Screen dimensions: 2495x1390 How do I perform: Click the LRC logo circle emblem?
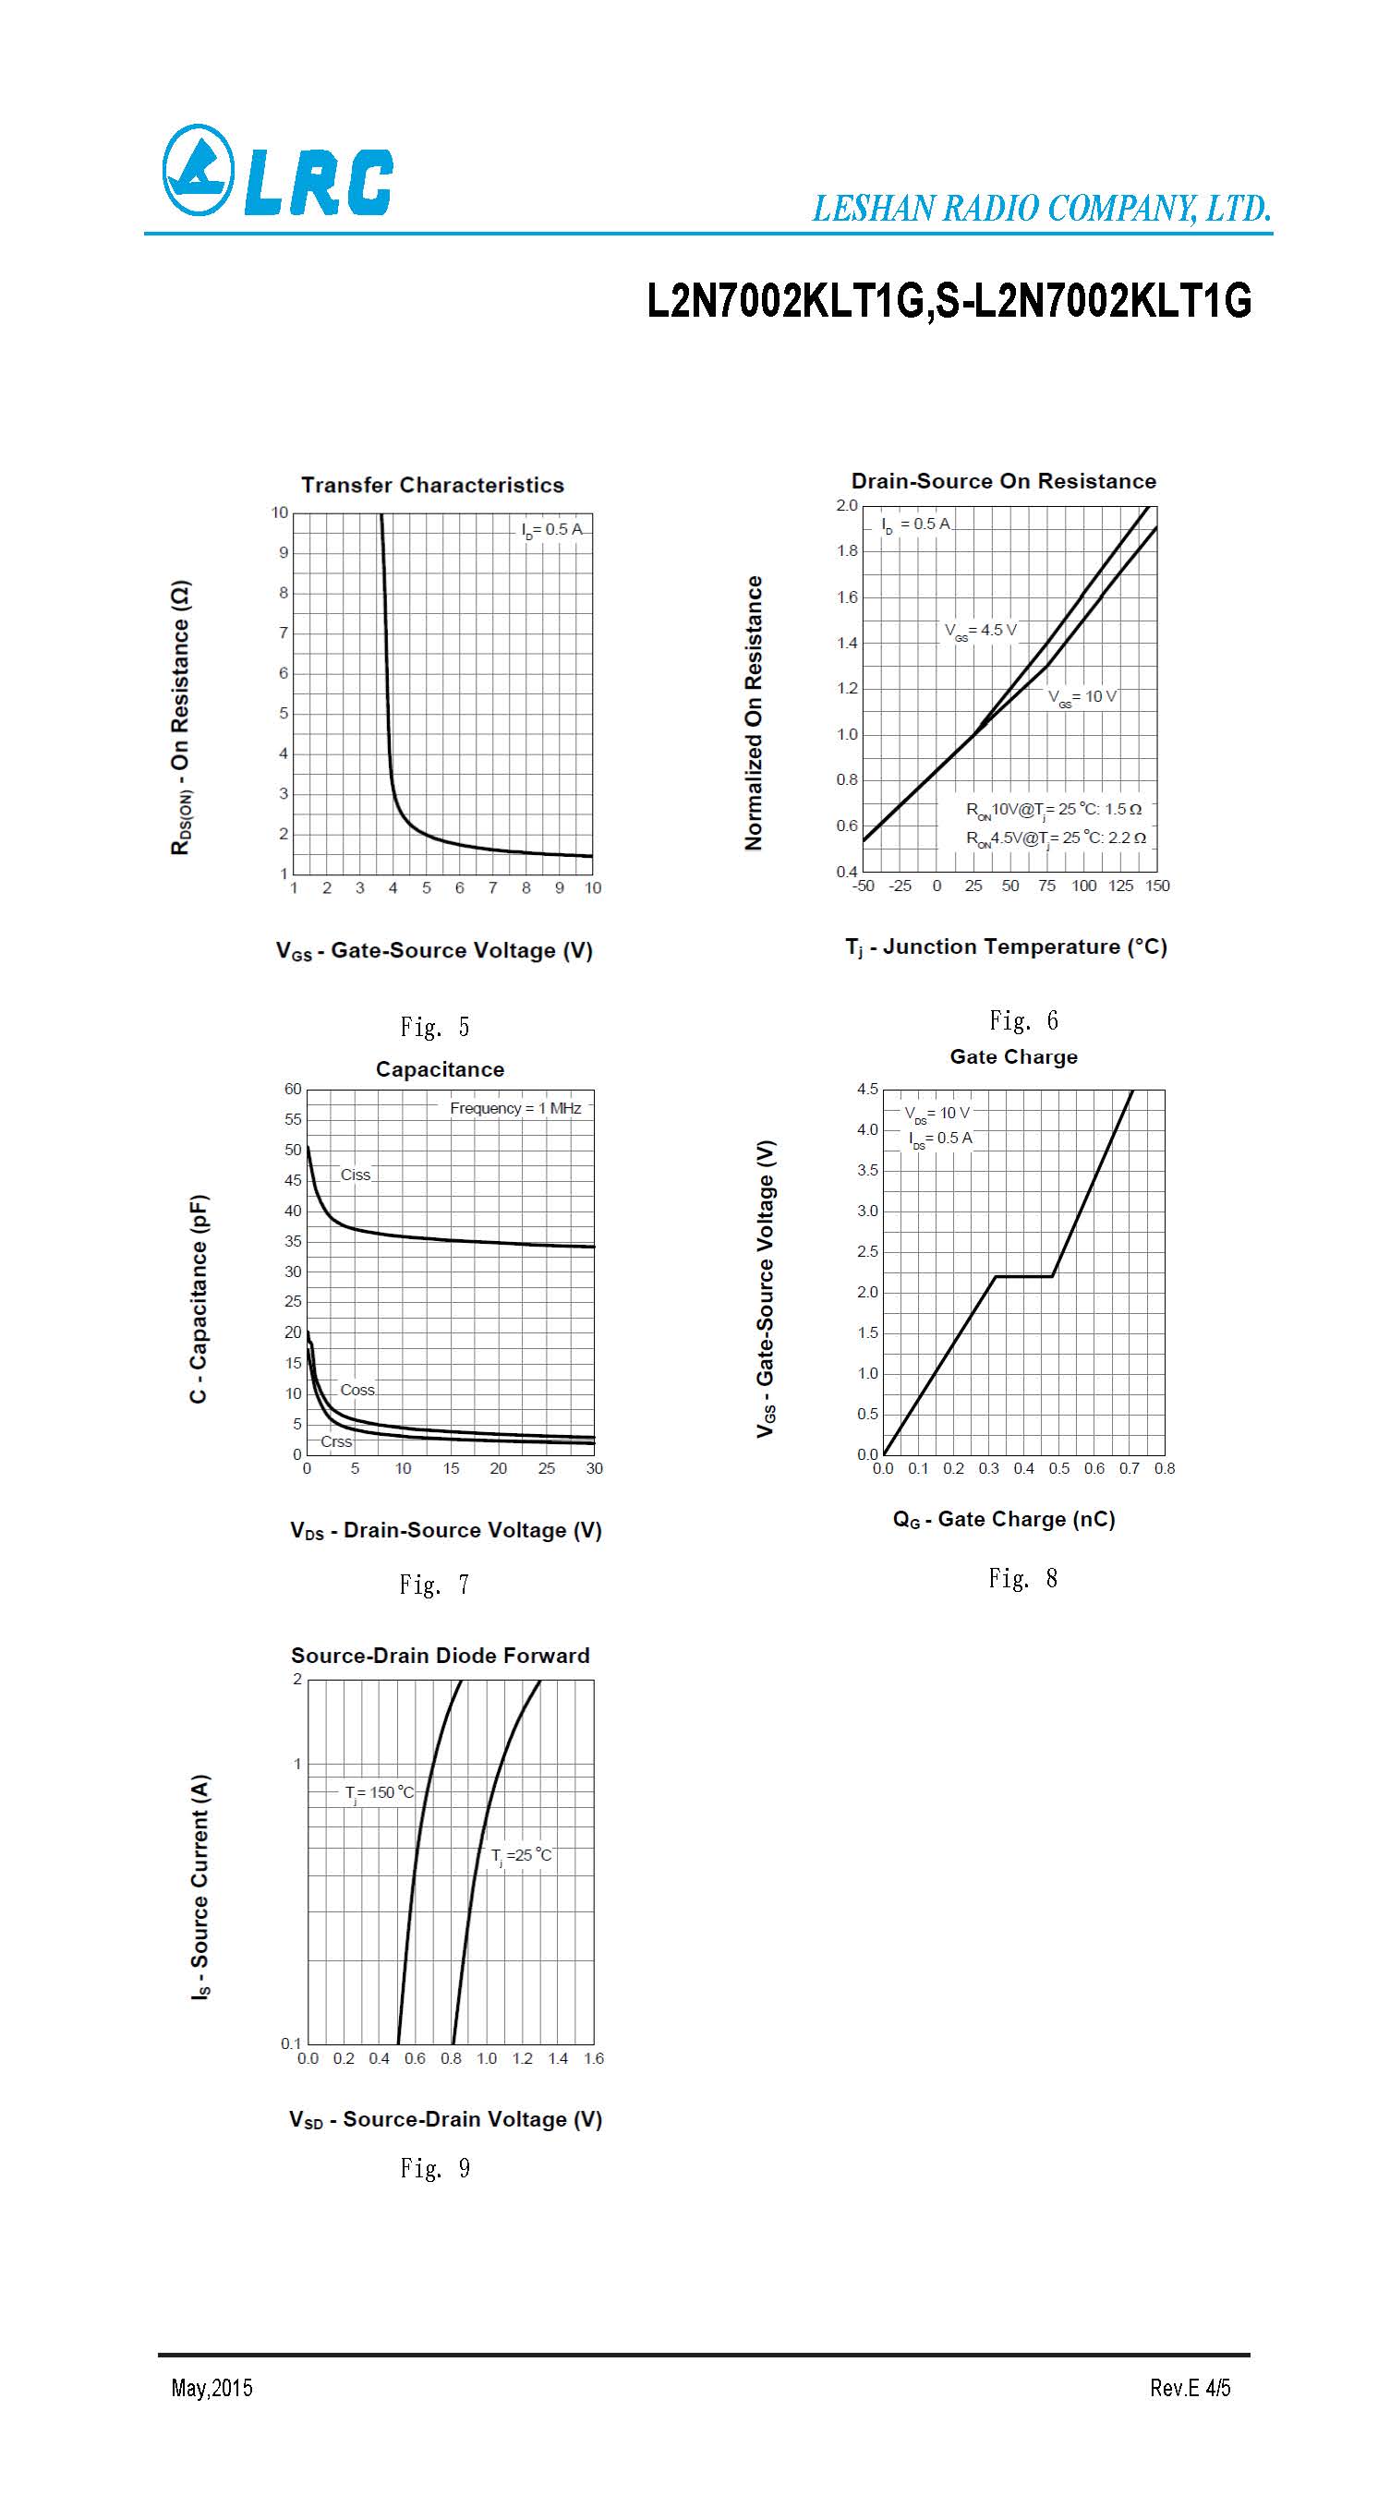click(198, 171)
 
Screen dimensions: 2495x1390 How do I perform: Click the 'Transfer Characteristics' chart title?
click(432, 486)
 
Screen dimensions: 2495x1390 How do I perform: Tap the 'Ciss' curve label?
click(356, 1175)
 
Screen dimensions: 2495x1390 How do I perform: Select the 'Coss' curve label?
click(357, 1390)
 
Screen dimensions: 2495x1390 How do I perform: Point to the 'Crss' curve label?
click(336, 1441)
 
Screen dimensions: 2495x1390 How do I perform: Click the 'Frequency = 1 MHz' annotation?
click(515, 1108)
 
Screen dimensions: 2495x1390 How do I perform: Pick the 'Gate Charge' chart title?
click(1013, 1056)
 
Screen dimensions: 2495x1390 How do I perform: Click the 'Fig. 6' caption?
click(1023, 1021)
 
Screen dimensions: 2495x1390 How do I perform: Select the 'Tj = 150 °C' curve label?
click(379, 1793)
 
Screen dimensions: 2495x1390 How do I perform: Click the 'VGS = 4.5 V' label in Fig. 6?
click(980, 631)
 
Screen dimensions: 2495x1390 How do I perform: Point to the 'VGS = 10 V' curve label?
click(1082, 697)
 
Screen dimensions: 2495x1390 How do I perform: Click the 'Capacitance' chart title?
click(440, 1069)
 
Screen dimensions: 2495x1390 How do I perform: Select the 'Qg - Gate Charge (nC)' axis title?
click(1004, 1520)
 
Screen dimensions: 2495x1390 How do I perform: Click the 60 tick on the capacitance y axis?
click(293, 1090)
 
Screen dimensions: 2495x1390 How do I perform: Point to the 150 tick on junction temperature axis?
click(1157, 886)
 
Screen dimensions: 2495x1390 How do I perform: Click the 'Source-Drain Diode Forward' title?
click(440, 1656)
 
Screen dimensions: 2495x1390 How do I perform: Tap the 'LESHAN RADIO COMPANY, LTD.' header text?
click(1041, 209)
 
